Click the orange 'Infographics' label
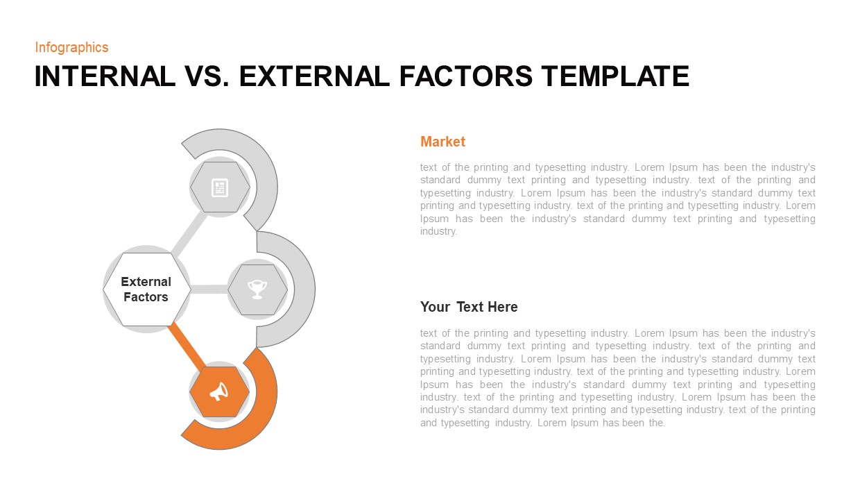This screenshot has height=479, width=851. point(71,47)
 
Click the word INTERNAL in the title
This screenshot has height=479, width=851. point(105,76)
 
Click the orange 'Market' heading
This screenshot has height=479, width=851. point(442,142)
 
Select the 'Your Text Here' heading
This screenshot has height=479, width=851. point(469,307)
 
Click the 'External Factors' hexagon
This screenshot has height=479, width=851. point(146,289)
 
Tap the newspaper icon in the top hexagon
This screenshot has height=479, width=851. point(220,187)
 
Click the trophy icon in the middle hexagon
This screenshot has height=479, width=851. point(257,289)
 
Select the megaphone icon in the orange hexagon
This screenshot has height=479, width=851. point(219,392)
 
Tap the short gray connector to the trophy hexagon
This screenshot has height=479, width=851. point(209,289)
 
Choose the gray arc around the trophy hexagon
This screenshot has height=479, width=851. point(300,289)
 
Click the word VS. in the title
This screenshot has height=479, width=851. point(207,76)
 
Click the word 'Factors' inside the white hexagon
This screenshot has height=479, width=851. point(146,297)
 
